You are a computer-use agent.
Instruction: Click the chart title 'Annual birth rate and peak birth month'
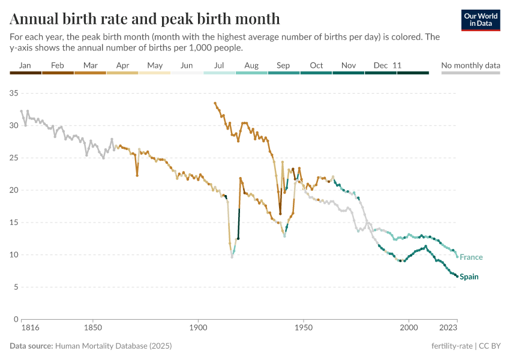[145, 19]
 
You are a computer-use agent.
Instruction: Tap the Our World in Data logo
[481, 20]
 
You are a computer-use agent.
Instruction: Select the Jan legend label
[25, 65]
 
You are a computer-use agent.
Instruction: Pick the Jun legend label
[187, 65]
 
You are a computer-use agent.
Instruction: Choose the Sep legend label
[283, 65]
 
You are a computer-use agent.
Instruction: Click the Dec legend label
[380, 65]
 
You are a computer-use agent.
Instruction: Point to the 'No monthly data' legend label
[470, 65]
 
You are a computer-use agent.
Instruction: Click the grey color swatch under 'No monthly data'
[470, 73]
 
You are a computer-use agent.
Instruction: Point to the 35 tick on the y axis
[14, 93]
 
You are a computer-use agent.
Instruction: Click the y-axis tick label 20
[14, 190]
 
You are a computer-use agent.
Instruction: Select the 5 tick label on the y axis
[17, 287]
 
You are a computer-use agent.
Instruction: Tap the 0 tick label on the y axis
[17, 319]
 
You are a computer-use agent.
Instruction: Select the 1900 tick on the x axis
[198, 329]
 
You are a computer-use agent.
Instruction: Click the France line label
[471, 257]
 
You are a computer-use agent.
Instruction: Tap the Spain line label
[469, 277]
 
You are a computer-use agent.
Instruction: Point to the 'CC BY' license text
[491, 346]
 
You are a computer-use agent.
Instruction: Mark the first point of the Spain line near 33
[215, 103]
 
